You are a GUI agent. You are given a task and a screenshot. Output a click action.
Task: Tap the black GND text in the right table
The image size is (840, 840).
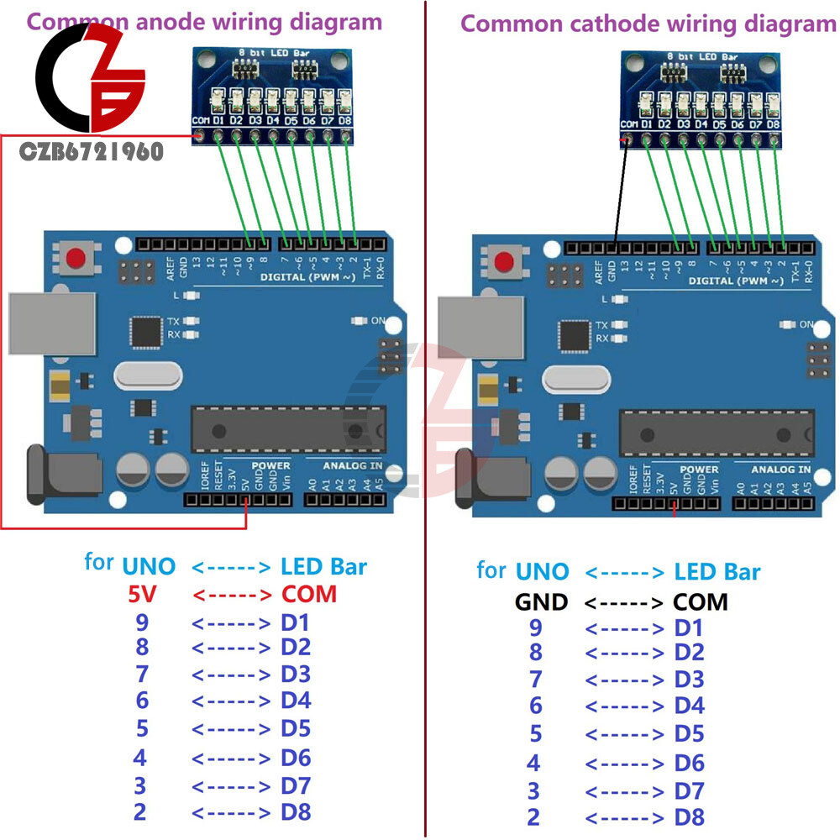click(541, 601)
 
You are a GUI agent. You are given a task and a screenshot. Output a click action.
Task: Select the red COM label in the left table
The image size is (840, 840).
click(308, 595)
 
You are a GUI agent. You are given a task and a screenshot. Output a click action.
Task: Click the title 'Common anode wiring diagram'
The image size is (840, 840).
click(205, 22)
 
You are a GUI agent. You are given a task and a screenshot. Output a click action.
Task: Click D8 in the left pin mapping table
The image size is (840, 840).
click(296, 812)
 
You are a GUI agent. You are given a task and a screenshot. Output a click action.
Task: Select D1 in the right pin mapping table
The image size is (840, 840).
click(689, 628)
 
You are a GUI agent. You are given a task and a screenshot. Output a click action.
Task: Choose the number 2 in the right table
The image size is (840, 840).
click(534, 816)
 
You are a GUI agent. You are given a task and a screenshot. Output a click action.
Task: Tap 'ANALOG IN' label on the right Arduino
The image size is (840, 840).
click(780, 470)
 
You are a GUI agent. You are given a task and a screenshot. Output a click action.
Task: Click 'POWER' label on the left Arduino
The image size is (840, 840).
click(270, 465)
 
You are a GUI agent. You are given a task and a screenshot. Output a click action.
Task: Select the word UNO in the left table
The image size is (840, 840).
click(149, 567)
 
